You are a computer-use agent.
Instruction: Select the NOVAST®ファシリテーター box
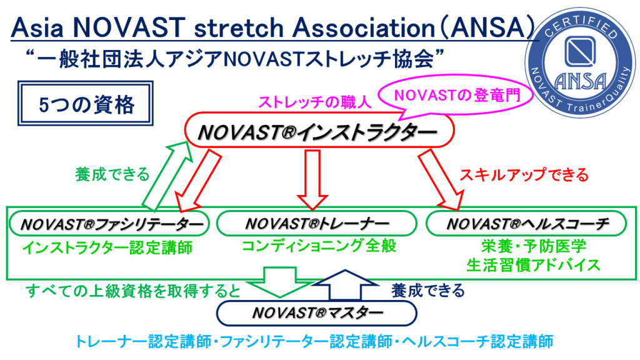(107, 224)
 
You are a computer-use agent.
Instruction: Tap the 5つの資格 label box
(86, 104)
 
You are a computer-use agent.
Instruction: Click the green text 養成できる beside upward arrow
(112, 174)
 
